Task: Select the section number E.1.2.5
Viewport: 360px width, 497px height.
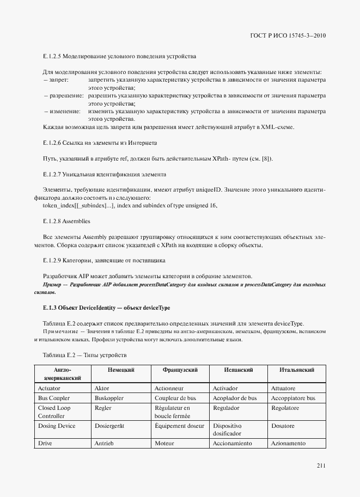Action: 52,57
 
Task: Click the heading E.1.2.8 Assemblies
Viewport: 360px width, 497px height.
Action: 66,222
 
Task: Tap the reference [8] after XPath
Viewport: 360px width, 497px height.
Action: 265,158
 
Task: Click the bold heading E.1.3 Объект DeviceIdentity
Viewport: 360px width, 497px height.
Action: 106,308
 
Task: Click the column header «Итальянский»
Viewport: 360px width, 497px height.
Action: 296,370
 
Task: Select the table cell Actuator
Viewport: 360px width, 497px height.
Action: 50,389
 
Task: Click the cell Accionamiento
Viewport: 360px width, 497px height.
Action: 233,444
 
